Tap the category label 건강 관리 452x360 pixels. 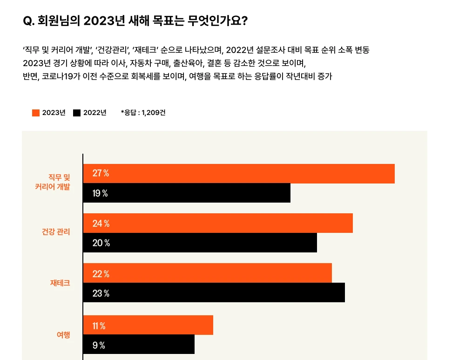[56, 231]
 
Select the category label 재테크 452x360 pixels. [60, 283]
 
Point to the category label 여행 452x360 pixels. [63, 334]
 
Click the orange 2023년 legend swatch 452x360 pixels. [36, 113]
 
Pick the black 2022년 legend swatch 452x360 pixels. [77, 113]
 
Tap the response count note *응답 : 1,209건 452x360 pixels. [143, 113]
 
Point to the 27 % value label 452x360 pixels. [101, 174]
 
